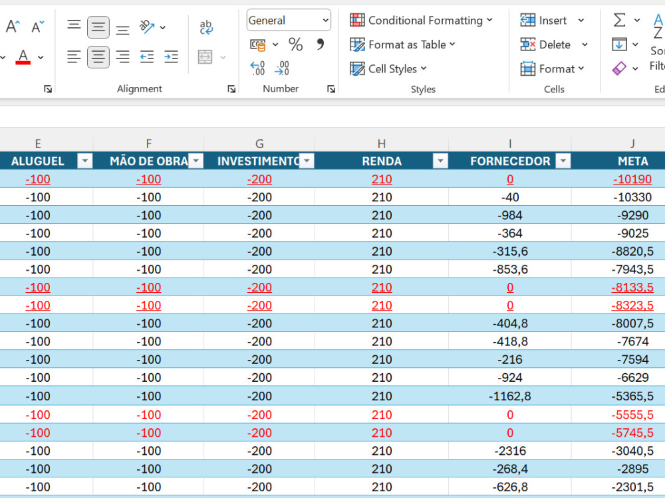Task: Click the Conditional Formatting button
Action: click(421, 21)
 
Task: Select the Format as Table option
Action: click(402, 44)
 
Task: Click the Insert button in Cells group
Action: click(552, 21)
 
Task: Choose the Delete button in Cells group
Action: click(554, 44)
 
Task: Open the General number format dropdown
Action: click(289, 21)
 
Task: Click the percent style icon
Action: click(296, 44)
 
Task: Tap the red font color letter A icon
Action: click(23, 56)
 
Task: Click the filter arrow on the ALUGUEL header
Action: click(85, 161)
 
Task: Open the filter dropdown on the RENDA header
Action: click(440, 161)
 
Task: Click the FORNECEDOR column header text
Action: click(510, 161)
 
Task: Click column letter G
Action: click(259, 144)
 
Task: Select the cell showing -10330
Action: click(632, 197)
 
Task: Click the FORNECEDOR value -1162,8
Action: click(510, 396)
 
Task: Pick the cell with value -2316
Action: click(510, 451)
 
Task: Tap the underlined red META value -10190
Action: click(632, 179)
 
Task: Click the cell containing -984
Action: click(510, 215)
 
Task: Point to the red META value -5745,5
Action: click(632, 433)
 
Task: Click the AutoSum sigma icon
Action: click(620, 20)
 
